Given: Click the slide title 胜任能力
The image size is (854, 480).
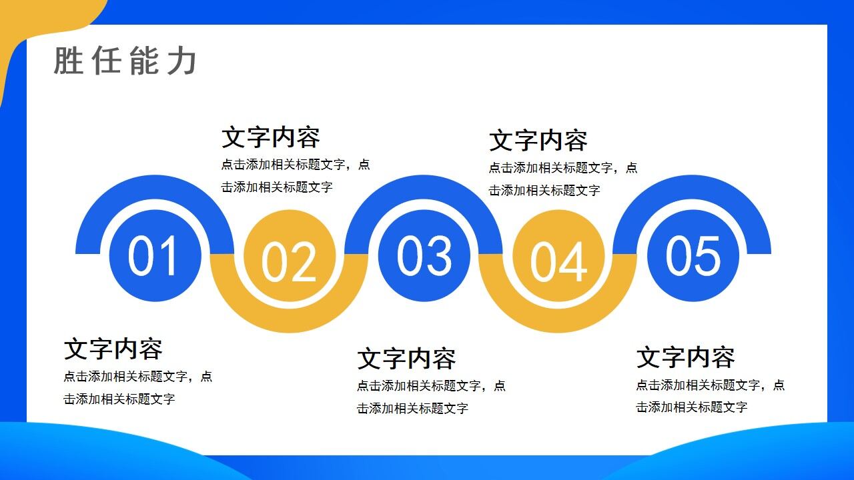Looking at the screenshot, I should pos(125,61).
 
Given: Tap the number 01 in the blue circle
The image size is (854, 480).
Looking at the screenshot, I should pos(154,257).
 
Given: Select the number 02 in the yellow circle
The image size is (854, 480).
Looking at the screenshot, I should pos(289,261).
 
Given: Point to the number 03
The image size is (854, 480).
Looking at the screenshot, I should pos(424,257).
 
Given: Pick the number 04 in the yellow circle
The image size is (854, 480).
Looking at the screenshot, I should pos(559,261).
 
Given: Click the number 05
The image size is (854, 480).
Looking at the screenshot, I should pos(693,257).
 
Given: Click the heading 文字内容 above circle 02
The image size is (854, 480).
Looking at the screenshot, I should pos(271,137).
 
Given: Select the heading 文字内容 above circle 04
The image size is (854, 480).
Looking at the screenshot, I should pos(538,141).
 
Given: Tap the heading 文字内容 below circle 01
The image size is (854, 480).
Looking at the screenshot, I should pos(113,349).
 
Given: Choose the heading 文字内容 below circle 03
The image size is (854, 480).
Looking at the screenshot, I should pos(407,359).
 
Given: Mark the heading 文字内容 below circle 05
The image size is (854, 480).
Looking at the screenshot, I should pos(686,357).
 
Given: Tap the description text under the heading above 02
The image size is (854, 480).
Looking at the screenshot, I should pos(296,175).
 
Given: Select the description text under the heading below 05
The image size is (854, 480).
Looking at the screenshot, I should pos(710,395).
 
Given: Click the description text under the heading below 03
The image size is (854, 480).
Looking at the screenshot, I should pos(431,397).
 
